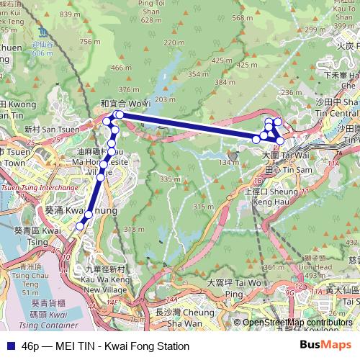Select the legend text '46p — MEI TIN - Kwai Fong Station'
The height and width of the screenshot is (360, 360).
click(x=105, y=346)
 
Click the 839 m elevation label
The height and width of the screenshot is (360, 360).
click(x=69, y=14)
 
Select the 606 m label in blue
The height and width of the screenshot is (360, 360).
click(x=42, y=53)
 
